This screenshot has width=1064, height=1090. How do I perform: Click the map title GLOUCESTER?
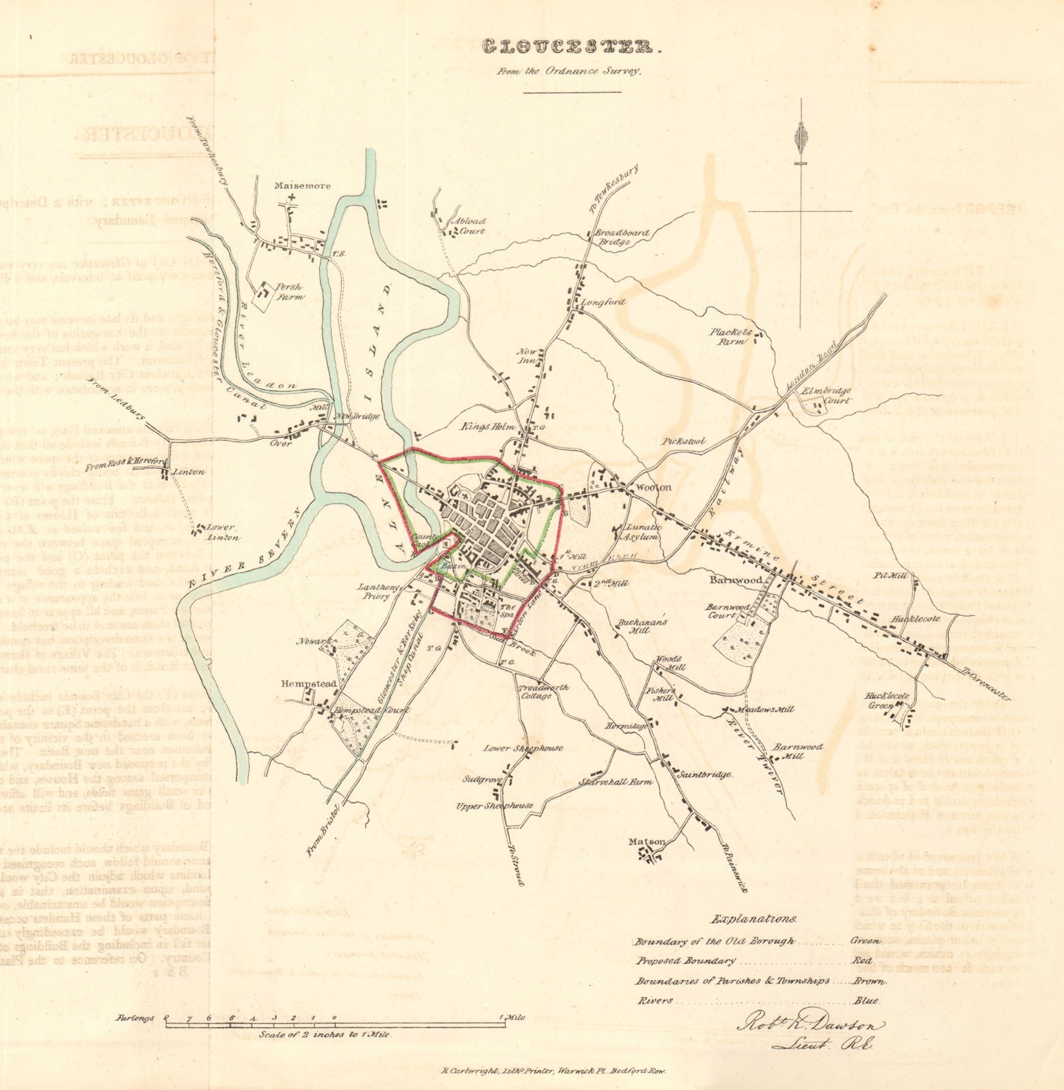pyautogui.click(x=571, y=47)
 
